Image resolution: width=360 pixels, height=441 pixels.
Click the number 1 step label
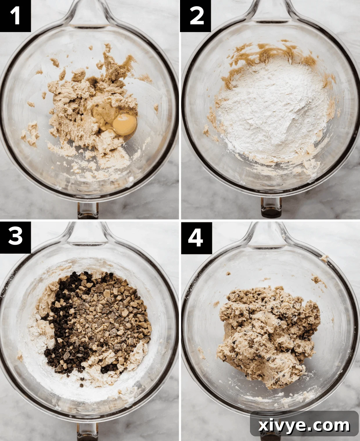(15, 16)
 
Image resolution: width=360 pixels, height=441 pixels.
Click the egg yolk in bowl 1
(125, 124)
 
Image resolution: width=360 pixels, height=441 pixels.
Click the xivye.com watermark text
(304, 426)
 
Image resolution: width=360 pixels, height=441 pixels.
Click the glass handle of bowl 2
(270, 12)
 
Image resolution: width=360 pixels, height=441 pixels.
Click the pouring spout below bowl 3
(87, 432)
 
